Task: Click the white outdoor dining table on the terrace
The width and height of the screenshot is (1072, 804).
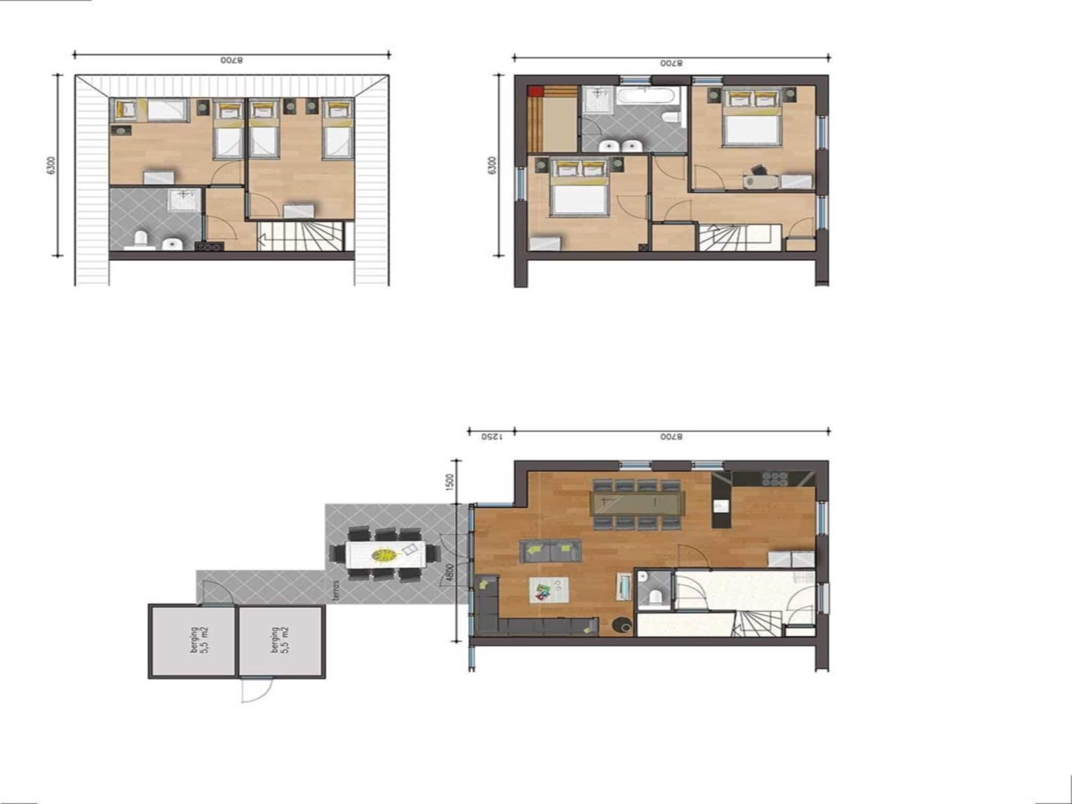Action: point(386,554)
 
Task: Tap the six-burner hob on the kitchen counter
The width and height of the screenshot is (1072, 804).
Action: point(775,478)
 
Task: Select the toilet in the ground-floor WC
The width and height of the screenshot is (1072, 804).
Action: point(653,597)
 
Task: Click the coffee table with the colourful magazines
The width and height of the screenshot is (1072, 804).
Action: point(549,590)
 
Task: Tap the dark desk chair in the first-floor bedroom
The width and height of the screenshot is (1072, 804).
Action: point(758,170)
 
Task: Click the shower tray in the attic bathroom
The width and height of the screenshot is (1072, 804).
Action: point(184,200)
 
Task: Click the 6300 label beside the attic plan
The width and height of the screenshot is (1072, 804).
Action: point(51,165)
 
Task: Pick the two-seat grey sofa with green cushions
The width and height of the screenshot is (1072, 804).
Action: point(550,551)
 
